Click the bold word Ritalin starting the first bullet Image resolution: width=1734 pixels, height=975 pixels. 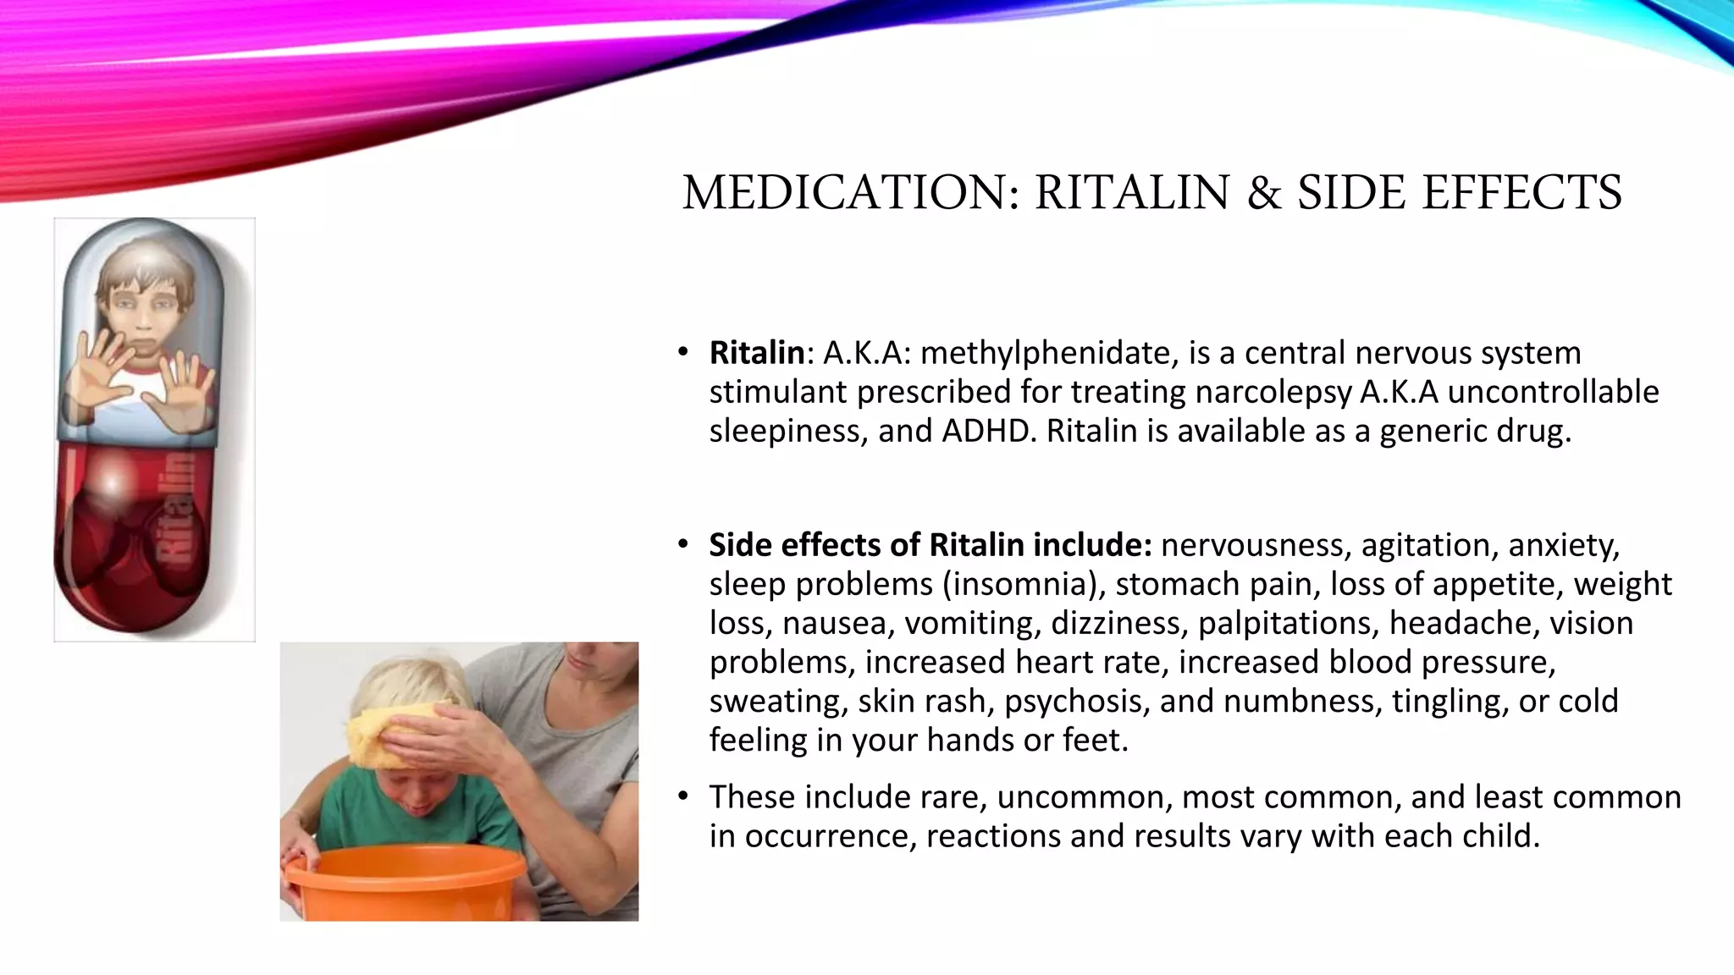pyautogui.click(x=756, y=353)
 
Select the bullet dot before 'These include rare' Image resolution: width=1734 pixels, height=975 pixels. pyautogui.click(x=682, y=796)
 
